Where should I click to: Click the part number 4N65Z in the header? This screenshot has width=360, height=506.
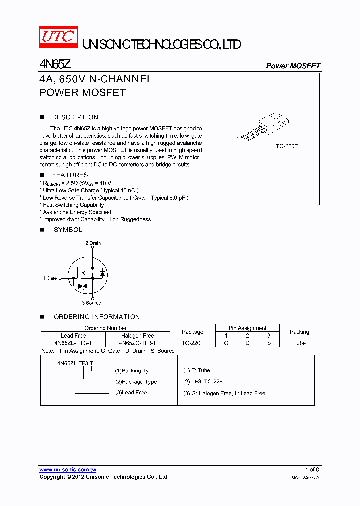click(x=56, y=65)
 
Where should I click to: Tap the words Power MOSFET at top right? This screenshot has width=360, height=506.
click(x=293, y=66)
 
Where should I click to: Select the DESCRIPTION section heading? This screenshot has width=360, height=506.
click(x=75, y=117)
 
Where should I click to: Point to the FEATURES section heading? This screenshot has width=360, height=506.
click(x=70, y=175)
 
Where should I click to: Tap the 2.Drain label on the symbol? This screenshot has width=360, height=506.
click(x=93, y=243)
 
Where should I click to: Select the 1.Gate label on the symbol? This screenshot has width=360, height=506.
click(x=50, y=278)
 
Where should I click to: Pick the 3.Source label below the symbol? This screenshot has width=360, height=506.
click(x=91, y=303)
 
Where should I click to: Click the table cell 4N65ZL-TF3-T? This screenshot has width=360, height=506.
click(x=73, y=343)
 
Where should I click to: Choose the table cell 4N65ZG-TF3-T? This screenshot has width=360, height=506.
click(x=137, y=343)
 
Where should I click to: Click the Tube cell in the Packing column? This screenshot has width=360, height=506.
click(x=299, y=343)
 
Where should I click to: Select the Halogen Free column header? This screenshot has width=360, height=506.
click(x=137, y=336)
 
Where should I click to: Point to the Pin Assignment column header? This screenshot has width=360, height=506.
click(x=248, y=328)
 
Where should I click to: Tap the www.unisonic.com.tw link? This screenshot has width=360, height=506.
click(x=68, y=470)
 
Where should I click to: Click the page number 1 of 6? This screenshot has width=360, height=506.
click(x=312, y=470)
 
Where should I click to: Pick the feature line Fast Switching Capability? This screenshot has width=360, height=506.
click(x=73, y=205)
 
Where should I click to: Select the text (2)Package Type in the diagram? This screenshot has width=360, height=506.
click(x=136, y=382)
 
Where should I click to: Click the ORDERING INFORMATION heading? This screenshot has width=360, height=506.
click(x=97, y=317)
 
